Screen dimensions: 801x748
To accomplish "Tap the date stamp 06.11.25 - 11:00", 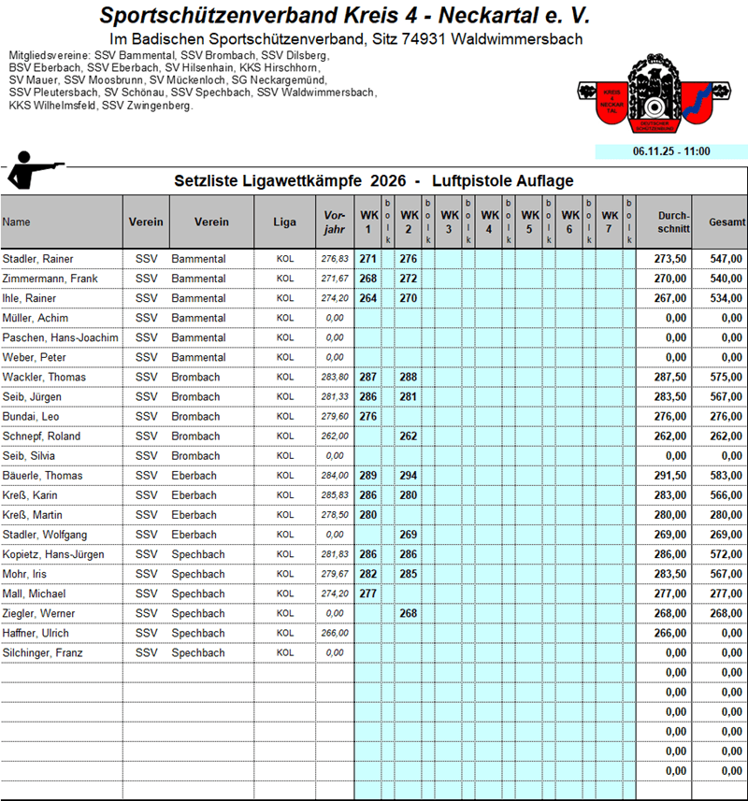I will (670, 150).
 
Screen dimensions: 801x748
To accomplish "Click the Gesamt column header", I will (726, 222).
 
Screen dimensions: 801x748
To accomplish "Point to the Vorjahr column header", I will (334, 222).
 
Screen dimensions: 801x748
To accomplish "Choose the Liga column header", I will (284, 222).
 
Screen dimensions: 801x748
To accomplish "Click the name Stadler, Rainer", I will (38, 259).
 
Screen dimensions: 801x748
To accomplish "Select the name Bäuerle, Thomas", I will (43, 476).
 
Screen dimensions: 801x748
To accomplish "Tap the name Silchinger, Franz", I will (43, 653).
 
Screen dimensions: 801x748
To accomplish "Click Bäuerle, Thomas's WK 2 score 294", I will (408, 476).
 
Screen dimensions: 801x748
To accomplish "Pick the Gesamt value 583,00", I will (726, 476).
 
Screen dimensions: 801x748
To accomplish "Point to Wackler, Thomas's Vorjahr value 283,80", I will (334, 378).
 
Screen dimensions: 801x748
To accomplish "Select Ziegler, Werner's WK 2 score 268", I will (408, 614).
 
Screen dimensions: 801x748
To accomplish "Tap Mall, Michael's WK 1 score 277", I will (367, 594).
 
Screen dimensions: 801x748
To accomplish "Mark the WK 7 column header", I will (610, 222).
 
